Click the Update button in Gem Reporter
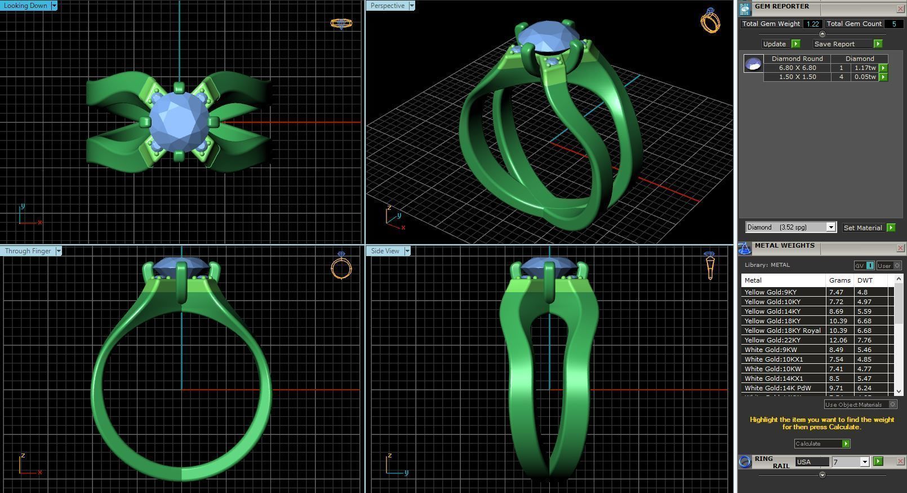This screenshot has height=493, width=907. (775, 44)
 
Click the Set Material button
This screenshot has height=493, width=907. (862, 228)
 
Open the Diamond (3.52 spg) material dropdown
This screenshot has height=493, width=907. (830, 227)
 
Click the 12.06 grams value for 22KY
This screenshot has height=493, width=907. (837, 340)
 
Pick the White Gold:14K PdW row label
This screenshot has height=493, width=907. (777, 388)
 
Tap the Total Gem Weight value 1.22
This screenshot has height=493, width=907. (812, 24)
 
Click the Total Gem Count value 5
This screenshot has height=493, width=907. (893, 24)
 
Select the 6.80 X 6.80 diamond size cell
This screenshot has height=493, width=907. (797, 68)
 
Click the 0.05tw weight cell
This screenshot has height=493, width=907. (865, 77)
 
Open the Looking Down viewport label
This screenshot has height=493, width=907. (26, 6)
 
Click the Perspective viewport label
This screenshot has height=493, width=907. (388, 6)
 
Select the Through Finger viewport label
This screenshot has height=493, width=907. (28, 251)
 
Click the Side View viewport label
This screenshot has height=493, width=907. (385, 251)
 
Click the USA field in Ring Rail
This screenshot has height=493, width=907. (811, 462)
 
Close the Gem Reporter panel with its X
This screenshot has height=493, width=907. (900, 8)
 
